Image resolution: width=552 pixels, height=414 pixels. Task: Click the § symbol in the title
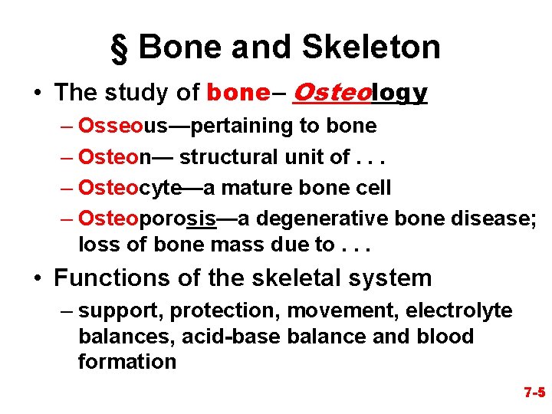[x=120, y=48]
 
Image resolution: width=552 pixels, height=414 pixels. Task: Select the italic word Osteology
[x=360, y=93]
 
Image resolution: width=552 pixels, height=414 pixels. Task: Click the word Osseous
[x=115, y=126]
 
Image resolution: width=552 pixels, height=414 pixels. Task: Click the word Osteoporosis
[x=147, y=219]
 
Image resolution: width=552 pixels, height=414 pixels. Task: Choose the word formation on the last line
[x=127, y=362]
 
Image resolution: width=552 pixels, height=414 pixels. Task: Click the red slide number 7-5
[x=534, y=393]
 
